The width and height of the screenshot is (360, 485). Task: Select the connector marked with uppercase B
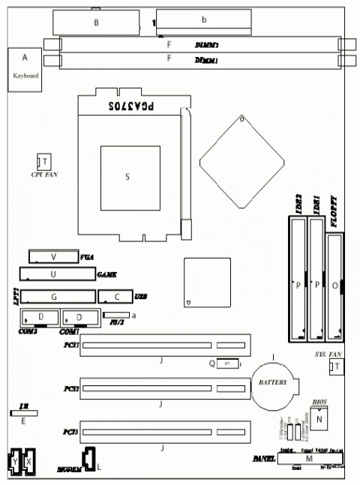[96, 23]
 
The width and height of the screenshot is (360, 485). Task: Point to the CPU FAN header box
[44, 163]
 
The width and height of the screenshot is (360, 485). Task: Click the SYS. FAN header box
[337, 366]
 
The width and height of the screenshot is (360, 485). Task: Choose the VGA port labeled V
[53, 256]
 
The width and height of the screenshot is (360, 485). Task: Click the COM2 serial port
[40, 317]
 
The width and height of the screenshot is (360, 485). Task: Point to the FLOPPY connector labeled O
[334, 285]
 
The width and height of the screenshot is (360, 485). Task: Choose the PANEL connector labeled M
[310, 458]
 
